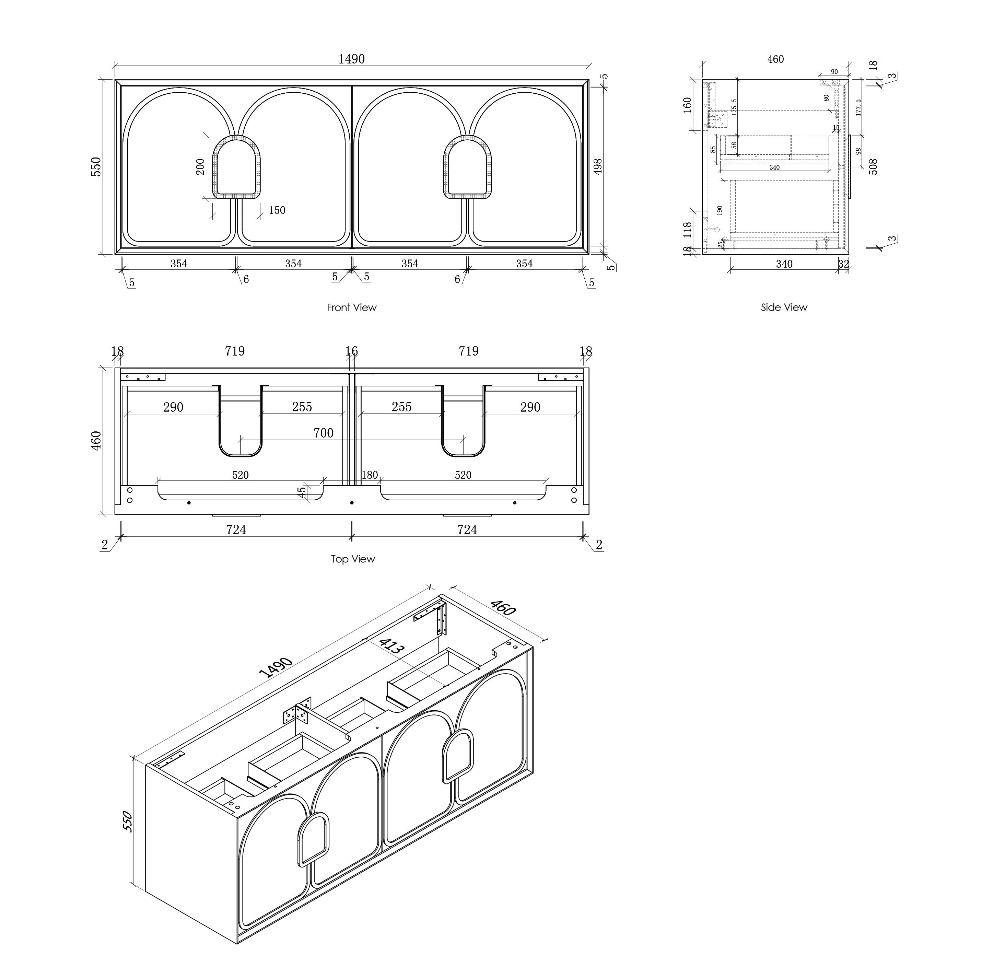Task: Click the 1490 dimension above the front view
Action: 351,59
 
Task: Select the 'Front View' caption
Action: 351,307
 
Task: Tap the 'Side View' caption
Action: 783,307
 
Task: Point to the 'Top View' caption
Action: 352,559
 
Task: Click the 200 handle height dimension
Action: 200,166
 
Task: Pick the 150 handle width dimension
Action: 277,210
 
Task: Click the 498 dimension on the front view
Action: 598,166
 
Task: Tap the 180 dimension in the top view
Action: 369,475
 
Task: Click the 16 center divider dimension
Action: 351,351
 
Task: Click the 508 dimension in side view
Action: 873,166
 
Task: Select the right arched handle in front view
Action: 468,167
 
